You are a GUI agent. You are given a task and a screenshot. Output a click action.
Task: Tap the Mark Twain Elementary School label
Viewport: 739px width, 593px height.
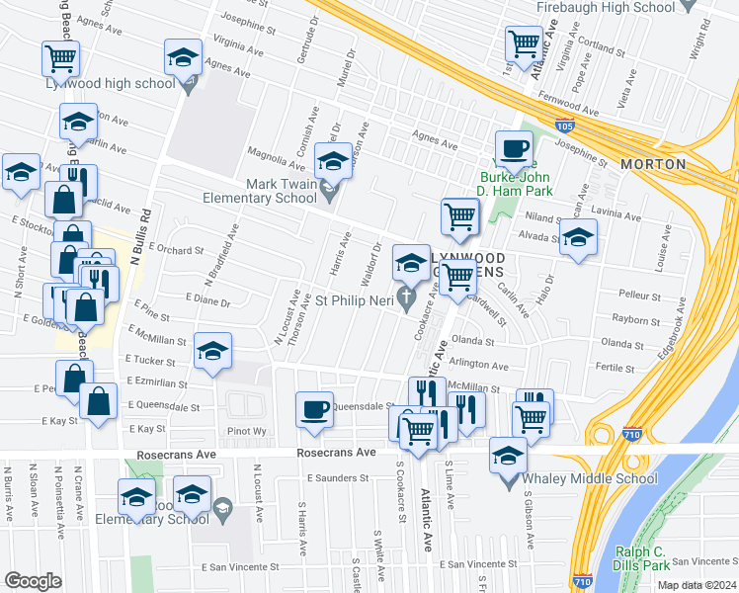point(268,190)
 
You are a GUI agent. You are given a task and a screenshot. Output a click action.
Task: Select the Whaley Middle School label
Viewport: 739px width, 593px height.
point(597,478)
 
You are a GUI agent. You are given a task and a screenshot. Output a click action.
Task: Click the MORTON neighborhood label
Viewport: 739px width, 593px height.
point(652,163)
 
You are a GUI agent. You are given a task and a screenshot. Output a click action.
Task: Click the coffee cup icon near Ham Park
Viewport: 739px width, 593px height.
point(513,148)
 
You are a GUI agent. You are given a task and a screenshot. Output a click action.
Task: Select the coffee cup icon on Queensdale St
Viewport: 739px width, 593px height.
point(315,408)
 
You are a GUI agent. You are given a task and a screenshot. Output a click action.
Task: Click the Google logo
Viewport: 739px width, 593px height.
point(33,581)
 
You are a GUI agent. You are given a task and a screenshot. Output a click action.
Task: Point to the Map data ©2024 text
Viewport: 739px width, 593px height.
point(696,584)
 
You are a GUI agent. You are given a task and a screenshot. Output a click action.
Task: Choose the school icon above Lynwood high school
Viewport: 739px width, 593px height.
point(184,58)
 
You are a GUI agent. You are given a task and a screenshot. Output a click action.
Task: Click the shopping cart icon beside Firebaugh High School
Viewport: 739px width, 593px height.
point(523,43)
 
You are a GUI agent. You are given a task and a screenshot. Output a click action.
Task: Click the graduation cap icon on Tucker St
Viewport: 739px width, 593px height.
point(212,353)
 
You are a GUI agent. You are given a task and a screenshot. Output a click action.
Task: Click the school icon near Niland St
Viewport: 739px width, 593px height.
point(578,237)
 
